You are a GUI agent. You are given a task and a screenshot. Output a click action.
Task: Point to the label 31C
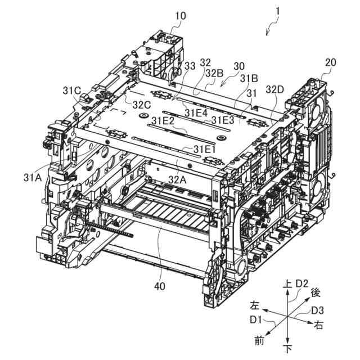pyautogui.click(x=73, y=90)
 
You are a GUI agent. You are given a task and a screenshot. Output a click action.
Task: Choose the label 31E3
pyautogui.click(x=223, y=120)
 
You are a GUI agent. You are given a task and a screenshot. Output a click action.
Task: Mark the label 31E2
pyautogui.click(x=163, y=120)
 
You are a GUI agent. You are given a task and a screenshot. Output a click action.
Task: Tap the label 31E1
pyautogui.click(x=206, y=149)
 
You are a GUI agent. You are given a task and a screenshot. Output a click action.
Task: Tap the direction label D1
pyautogui.click(x=257, y=320)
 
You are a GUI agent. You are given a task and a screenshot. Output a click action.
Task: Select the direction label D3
pyautogui.click(x=318, y=310)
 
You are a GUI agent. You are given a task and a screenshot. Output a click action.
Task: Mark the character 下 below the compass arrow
pyautogui.click(x=289, y=350)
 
